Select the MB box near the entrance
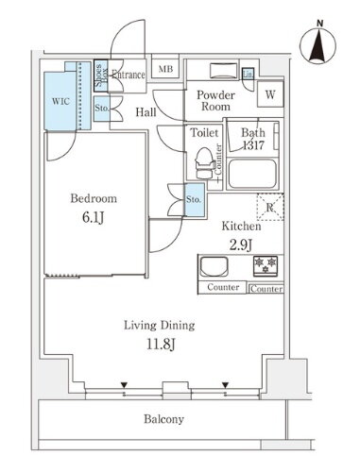[x=164, y=70]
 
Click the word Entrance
[x=128, y=76]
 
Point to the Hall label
[x=146, y=112]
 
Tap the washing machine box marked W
[x=270, y=94]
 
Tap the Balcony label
[x=164, y=419]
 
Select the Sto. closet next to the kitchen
[x=194, y=199]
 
